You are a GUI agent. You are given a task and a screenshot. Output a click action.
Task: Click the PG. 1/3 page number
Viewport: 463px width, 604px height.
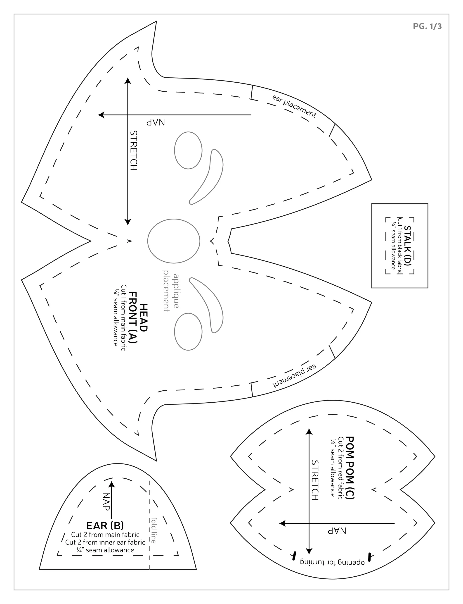tap(427, 26)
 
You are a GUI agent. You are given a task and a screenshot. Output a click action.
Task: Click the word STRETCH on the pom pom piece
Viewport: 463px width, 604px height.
tap(315, 480)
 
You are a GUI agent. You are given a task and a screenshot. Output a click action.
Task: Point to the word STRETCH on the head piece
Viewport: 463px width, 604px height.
tap(133, 150)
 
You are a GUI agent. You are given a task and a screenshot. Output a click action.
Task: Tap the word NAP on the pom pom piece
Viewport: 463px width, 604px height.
tap(337, 531)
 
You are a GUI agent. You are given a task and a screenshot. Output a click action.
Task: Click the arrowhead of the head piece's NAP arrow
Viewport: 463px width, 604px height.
tap(102, 115)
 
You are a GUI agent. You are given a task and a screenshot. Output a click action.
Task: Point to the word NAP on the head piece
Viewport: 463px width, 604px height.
tap(156, 122)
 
